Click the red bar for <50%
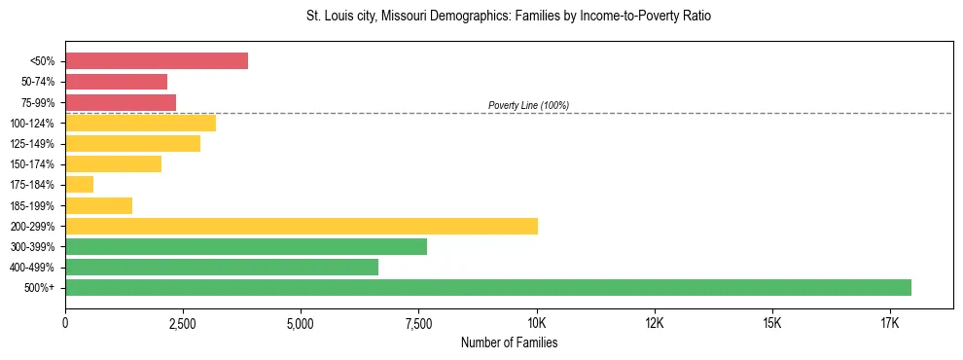157,61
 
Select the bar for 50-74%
116,82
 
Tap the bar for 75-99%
121,102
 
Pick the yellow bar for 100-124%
140,123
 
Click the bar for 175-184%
79,185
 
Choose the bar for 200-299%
302,226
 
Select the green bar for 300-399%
246,246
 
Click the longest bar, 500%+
488,287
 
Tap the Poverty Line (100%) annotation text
528,105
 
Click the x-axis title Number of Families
509,342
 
